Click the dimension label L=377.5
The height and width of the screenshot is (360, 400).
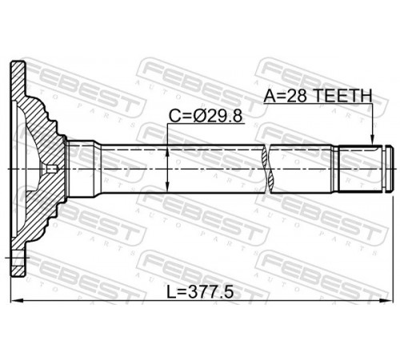coord(200,292)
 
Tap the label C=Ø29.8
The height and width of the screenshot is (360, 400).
coord(206,116)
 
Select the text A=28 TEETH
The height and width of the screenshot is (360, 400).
coord(318,95)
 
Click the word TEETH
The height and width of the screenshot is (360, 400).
coord(342,95)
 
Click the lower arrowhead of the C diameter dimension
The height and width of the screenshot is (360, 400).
coord(167,186)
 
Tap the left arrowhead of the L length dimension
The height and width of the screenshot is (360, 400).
coord(17,301)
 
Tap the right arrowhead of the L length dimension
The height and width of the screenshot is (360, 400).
coord(387,301)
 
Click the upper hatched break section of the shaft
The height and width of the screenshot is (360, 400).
coord(264,156)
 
